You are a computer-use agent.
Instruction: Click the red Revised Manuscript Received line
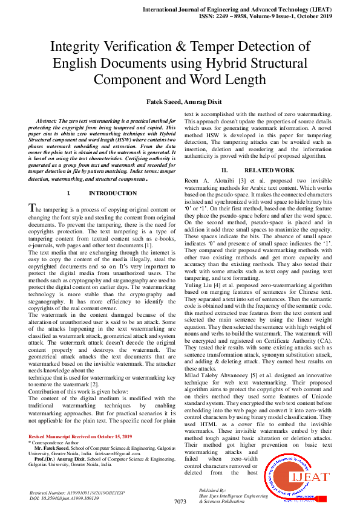point(80,420)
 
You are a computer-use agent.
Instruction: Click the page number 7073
point(180,502)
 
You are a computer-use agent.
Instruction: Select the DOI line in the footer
point(65,498)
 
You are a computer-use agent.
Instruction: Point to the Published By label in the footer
point(212,490)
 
